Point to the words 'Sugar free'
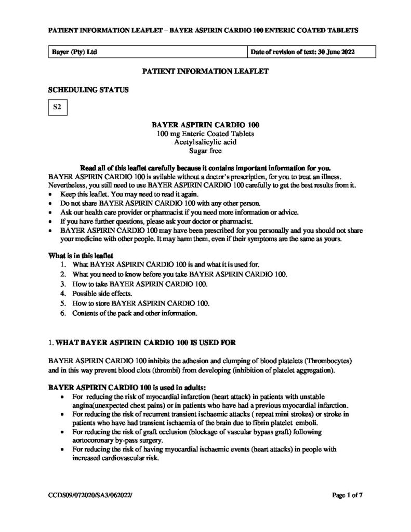(x=205, y=151)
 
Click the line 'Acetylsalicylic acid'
(x=205, y=142)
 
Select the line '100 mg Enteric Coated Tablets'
(x=205, y=134)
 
